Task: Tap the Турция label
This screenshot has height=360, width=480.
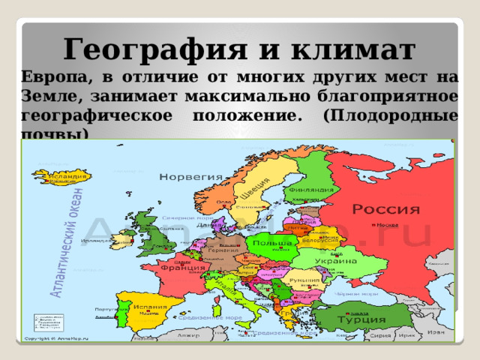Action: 355,320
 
